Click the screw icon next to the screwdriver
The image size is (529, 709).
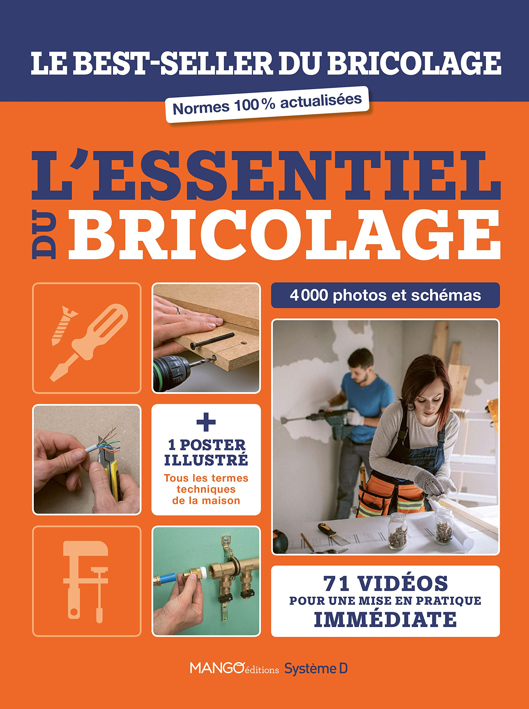(63, 325)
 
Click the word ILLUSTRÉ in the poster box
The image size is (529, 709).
(206, 460)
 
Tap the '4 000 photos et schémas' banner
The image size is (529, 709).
(385, 295)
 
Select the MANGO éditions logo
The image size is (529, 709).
(234, 669)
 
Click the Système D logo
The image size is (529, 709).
(316, 669)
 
